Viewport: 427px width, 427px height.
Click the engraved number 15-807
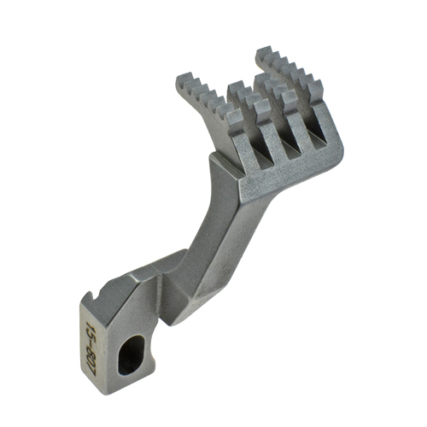point(91,346)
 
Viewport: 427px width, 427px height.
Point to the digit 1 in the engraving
point(89,325)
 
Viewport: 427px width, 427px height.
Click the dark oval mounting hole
point(131,354)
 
